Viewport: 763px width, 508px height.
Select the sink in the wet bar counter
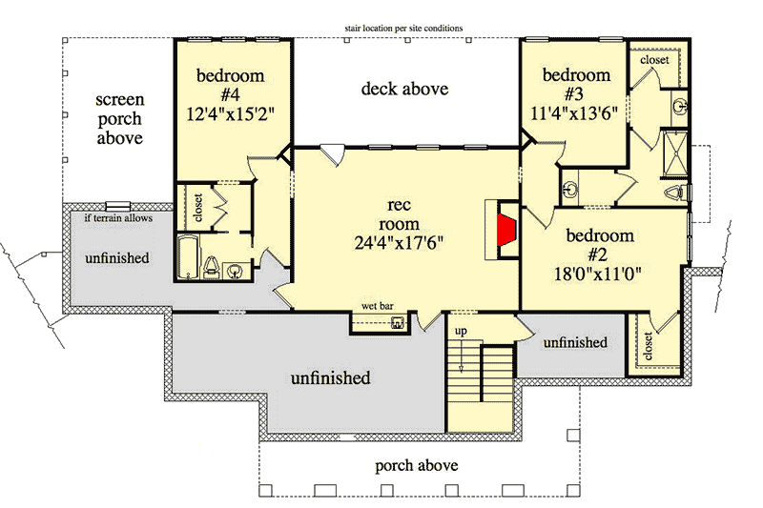point(398,323)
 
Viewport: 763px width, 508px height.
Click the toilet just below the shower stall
point(675,193)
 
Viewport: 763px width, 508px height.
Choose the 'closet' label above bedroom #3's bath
point(654,59)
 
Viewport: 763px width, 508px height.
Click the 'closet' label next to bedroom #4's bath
point(198,207)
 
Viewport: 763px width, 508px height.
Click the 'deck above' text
point(404,90)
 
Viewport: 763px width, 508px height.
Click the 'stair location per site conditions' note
point(404,29)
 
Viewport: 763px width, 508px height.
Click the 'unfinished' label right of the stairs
point(575,342)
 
